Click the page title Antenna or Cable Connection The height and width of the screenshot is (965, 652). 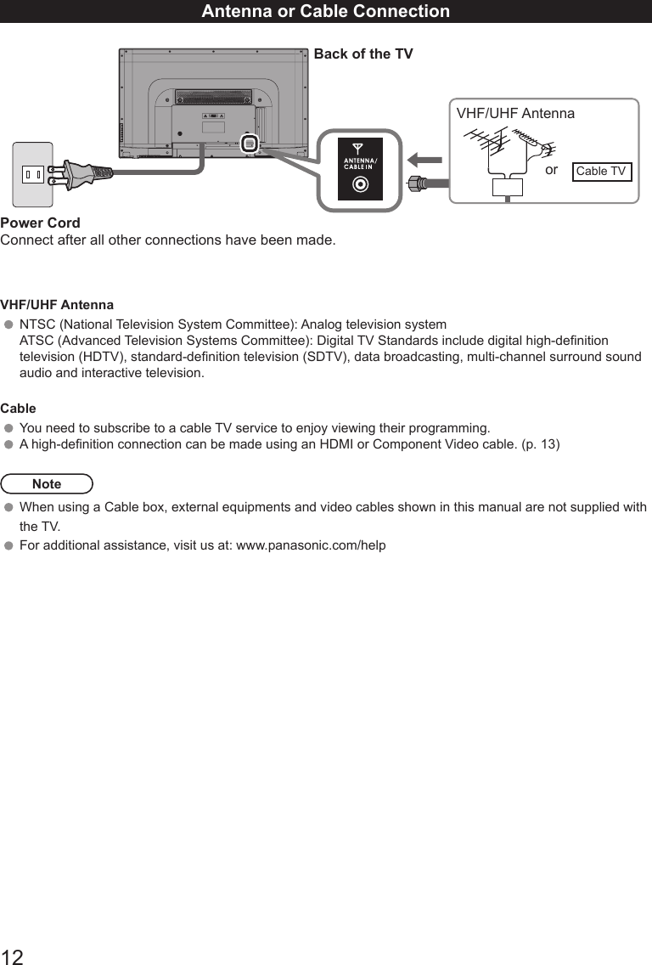tap(326, 11)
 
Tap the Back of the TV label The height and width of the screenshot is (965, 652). tap(363, 54)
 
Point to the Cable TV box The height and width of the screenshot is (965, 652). tap(601, 172)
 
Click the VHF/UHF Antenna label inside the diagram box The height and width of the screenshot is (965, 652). tap(515, 114)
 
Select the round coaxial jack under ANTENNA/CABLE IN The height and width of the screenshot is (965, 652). tap(361, 183)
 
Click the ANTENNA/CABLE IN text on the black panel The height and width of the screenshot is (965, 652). tap(361, 163)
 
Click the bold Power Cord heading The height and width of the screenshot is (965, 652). tap(41, 223)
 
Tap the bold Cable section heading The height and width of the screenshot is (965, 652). tap(18, 408)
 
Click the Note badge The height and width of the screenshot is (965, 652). tap(47, 484)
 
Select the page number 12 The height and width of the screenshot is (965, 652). tap(12, 957)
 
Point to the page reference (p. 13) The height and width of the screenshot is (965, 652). tap(541, 444)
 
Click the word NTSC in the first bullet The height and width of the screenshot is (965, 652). tap(37, 324)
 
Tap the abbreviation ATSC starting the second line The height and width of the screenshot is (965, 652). tap(37, 341)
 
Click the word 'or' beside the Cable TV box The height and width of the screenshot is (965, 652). tap(552, 171)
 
